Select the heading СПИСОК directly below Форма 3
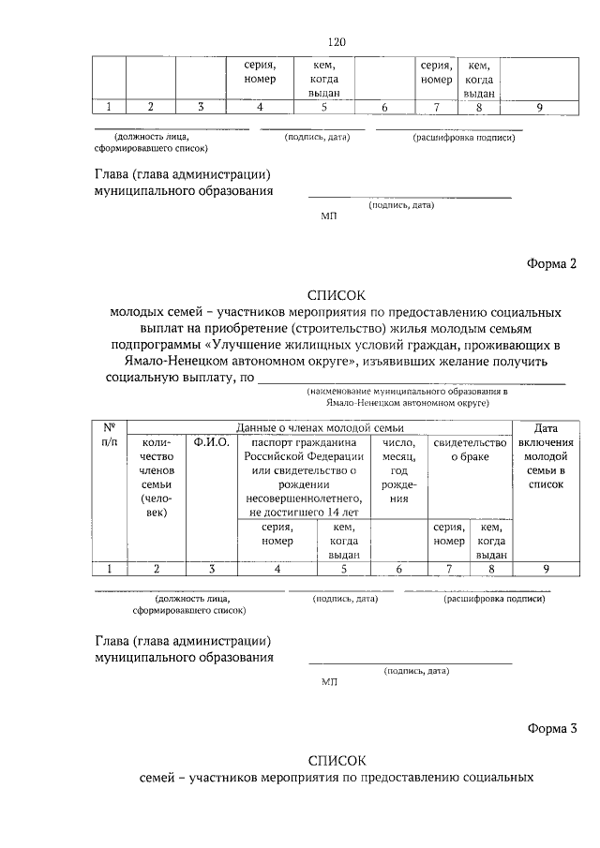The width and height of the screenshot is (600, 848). [337, 759]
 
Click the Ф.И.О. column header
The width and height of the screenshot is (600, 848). [212, 442]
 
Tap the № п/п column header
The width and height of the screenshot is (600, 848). [109, 434]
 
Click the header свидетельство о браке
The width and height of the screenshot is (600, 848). [469, 450]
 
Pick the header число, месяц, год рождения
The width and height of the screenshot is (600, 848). [399, 470]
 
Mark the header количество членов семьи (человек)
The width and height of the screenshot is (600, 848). [157, 478]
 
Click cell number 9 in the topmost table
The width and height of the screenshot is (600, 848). [539, 108]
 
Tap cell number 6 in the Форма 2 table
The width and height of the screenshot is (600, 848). [399, 568]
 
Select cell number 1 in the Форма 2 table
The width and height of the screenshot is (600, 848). [109, 568]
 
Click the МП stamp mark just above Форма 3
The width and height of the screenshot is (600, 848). [328, 682]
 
